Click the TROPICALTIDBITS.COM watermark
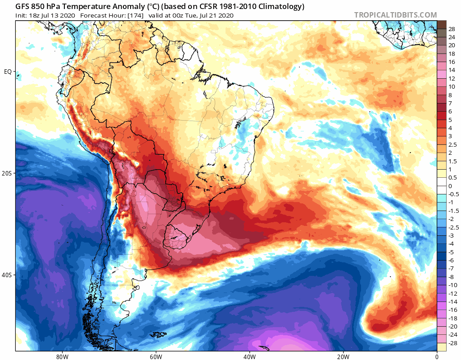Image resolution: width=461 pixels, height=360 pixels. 395,15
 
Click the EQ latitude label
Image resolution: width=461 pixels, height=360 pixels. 8,72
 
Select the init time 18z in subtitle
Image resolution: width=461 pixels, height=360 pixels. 34,15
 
